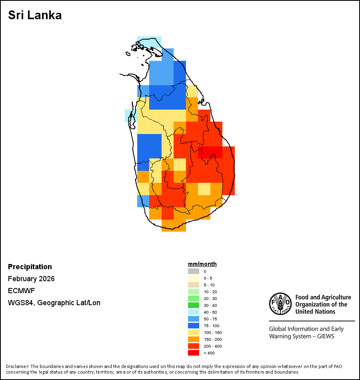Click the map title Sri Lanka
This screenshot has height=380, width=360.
click(35, 16)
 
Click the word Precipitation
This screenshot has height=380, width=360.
click(30, 267)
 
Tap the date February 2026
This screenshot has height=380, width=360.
click(31, 279)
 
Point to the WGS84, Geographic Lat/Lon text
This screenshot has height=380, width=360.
click(54, 303)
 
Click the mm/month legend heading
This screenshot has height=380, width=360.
click(202, 264)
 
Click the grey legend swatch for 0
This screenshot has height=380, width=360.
click(193, 271)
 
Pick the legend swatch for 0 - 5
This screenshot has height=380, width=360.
click(193, 278)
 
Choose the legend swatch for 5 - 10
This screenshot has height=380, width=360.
click(193, 285)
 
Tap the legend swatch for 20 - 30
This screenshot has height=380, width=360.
click(193, 298)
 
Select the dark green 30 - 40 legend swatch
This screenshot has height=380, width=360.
click(193, 305)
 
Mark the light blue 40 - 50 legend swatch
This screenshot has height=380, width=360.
click(193, 312)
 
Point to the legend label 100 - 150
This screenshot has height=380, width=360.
click(212, 332)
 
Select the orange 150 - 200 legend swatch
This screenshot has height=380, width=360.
click(193, 339)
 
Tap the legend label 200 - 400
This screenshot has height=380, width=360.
click(212, 346)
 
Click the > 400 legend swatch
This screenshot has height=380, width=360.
click(193, 353)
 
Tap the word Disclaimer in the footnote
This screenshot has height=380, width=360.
click(17, 366)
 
